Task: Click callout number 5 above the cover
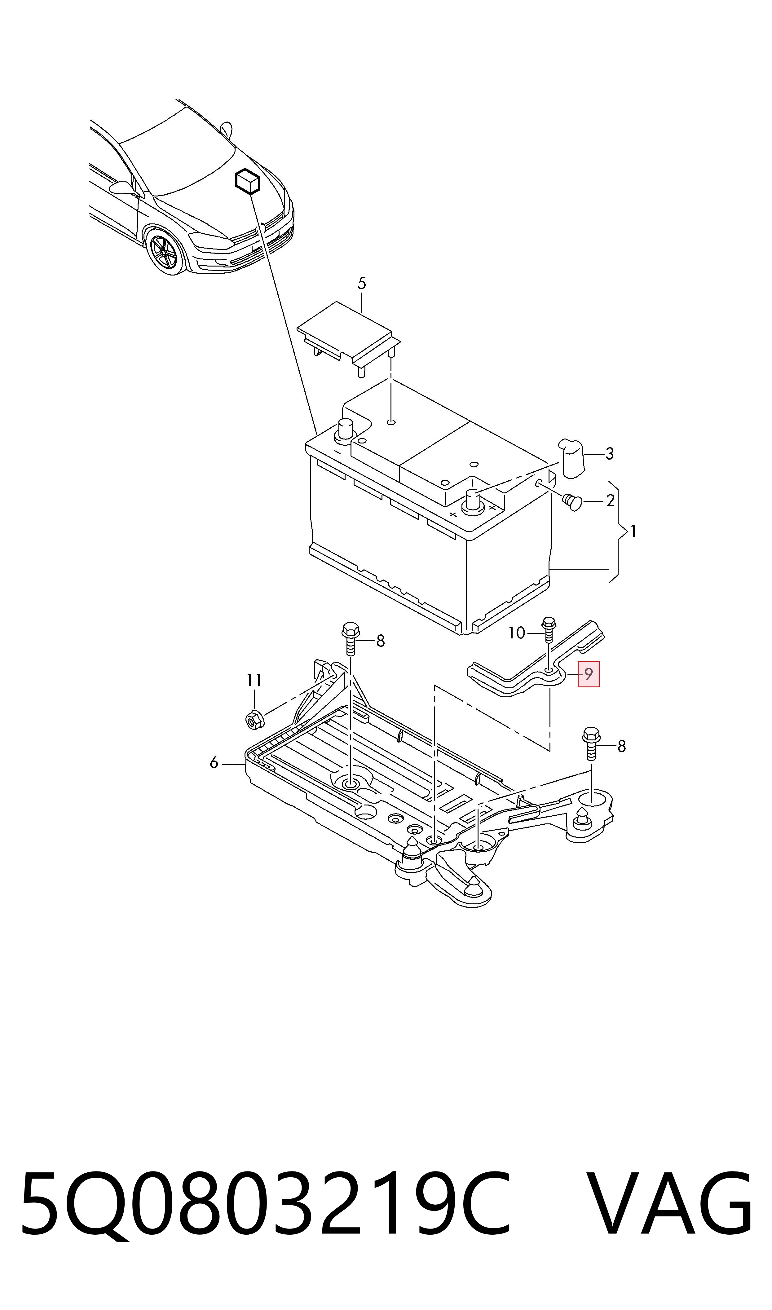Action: point(362,284)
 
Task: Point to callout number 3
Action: point(609,454)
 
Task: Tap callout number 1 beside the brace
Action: point(633,531)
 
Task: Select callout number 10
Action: point(517,633)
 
